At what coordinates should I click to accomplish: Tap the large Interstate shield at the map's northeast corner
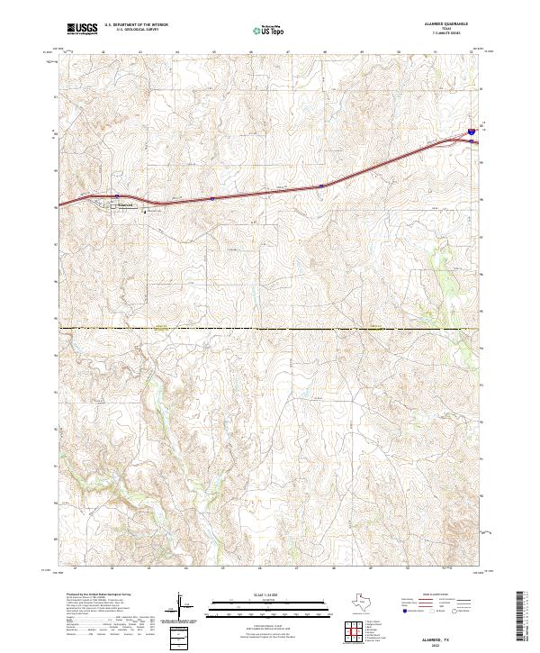click(x=471, y=132)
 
